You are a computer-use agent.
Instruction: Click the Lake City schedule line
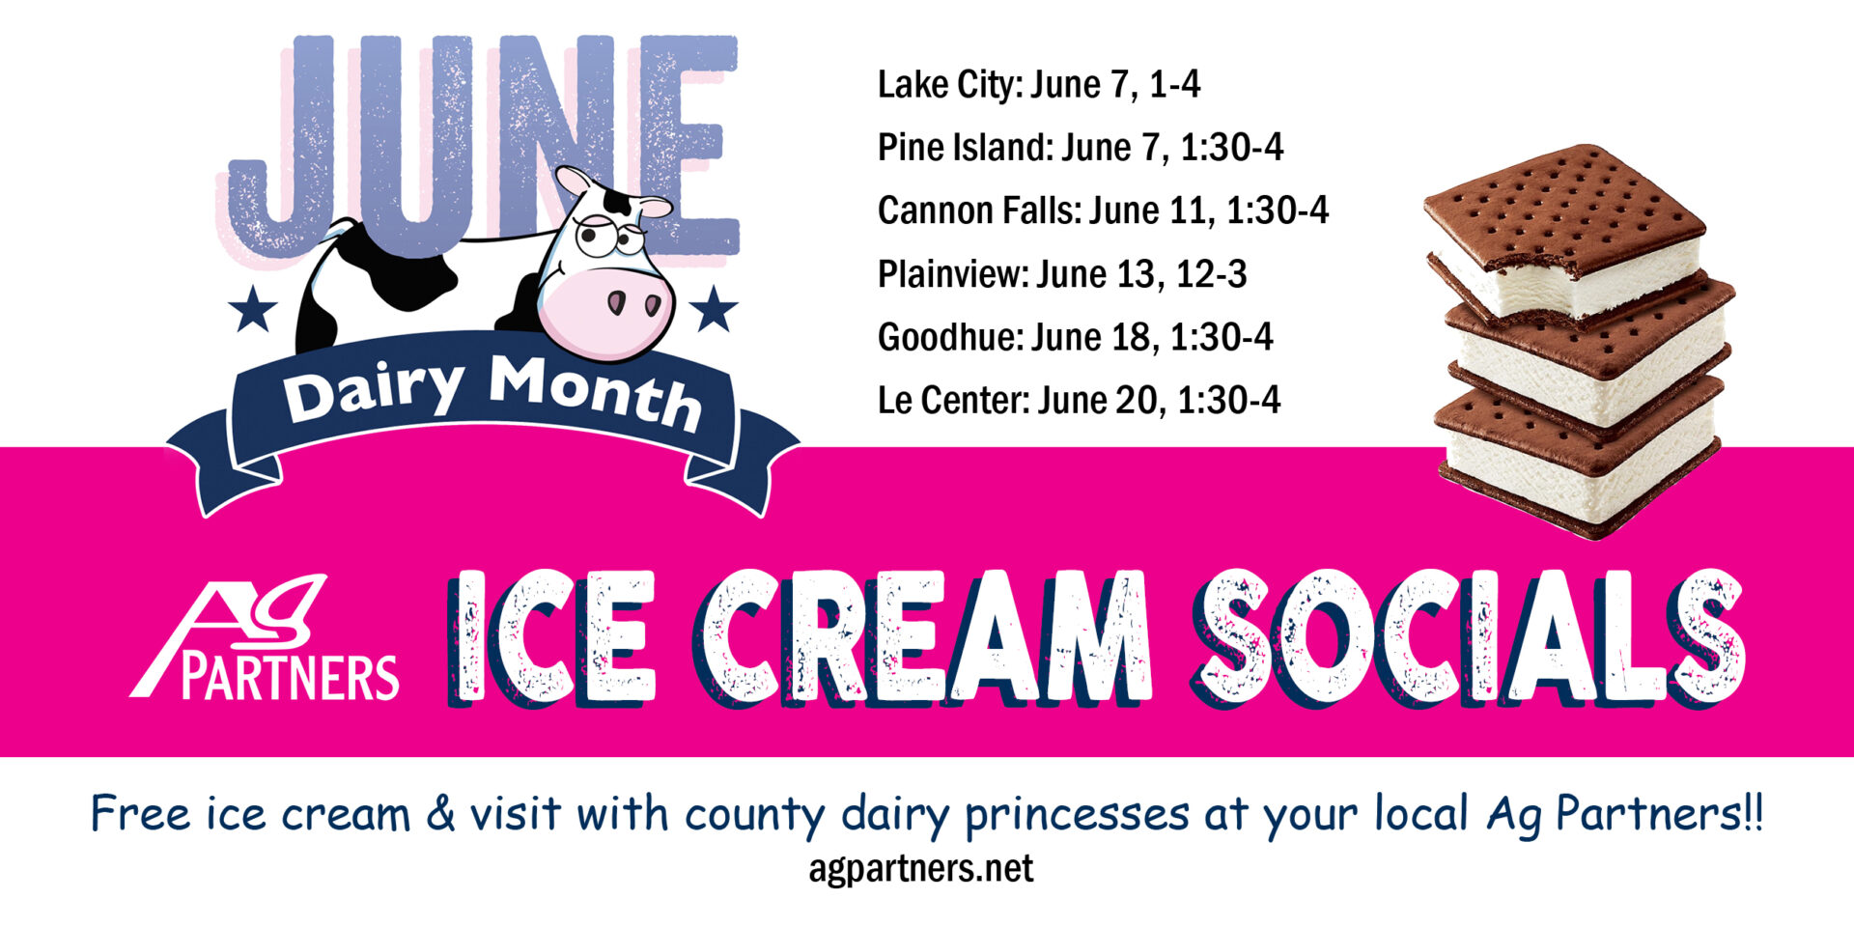(1038, 85)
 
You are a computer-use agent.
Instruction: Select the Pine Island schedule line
(1080, 148)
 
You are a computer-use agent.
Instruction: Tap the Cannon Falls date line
(1103, 211)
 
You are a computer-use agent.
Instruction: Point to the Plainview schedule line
(1061, 274)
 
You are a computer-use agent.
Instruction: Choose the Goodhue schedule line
(1075, 337)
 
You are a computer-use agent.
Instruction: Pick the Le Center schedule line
(1079, 400)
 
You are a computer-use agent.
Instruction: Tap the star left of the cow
(253, 308)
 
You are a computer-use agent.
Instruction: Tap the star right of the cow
(714, 308)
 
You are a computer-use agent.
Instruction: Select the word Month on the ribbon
(594, 390)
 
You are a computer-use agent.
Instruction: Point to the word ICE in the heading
(552, 637)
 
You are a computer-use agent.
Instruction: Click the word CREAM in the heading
(922, 637)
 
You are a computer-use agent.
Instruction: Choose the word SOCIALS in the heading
(1468, 637)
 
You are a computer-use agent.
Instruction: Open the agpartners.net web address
(920, 868)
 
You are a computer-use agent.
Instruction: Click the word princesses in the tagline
(1077, 814)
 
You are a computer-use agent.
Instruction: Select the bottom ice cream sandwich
(1579, 463)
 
